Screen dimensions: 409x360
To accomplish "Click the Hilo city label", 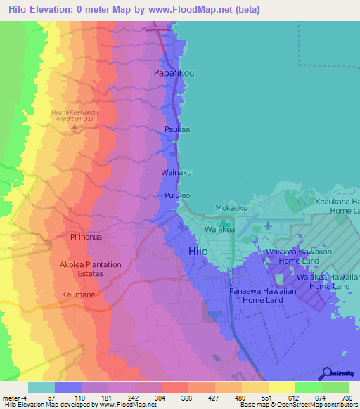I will pos(200,252).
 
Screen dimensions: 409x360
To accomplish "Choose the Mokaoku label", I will pos(231,209).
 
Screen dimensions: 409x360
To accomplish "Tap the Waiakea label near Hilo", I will pos(218,229).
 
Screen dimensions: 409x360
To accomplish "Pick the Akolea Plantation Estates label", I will pos(90,269).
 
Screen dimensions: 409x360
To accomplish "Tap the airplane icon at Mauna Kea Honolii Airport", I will pos(76,129).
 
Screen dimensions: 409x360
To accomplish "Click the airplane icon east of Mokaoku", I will pos(268,226).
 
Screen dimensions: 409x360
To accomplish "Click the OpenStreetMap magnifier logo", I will pos(325,372).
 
